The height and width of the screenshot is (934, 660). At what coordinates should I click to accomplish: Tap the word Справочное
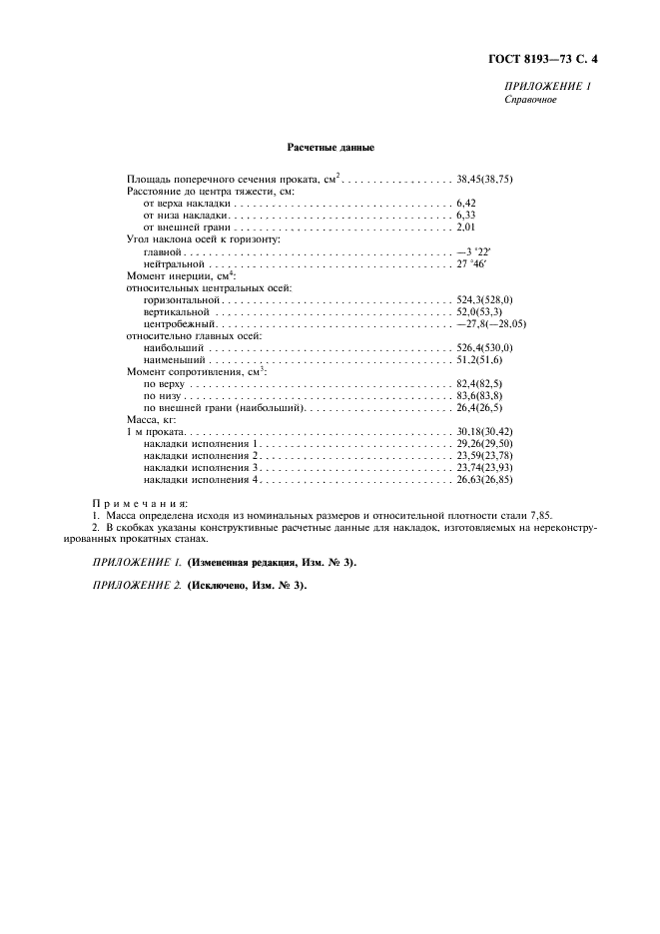530,100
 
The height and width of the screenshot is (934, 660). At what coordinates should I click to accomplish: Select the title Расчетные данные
330,149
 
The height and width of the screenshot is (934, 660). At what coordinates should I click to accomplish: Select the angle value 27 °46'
475,266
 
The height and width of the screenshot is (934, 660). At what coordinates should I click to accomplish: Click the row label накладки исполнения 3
202,466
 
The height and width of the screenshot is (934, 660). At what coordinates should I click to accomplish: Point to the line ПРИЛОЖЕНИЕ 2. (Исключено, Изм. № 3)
200,585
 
